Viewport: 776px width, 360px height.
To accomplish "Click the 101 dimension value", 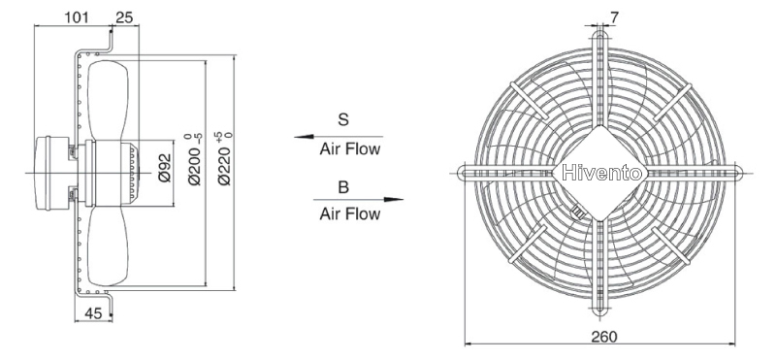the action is point(77,17).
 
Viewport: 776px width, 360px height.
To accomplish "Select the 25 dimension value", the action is point(124,17).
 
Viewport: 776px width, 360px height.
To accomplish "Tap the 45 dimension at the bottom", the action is point(93,313).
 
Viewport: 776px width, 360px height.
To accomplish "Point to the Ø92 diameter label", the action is point(165,168).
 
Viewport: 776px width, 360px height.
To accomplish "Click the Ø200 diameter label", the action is point(196,158).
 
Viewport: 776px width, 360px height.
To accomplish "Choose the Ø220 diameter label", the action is point(224,158).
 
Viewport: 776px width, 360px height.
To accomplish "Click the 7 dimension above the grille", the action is point(614,17).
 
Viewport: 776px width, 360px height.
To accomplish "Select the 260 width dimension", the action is point(604,338).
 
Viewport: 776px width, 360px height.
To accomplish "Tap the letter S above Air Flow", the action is point(343,119).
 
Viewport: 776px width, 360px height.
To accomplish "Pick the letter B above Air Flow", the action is point(343,187).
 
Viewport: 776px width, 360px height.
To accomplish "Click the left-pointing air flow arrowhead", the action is point(304,136).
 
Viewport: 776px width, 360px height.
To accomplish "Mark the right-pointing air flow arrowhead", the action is point(394,200).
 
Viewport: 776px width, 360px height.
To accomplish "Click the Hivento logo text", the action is point(602,174).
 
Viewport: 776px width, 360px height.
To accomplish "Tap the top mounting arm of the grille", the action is point(600,80).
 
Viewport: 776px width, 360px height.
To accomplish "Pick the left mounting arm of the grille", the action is point(506,173).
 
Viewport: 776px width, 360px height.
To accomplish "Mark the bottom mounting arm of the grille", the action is point(600,268).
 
